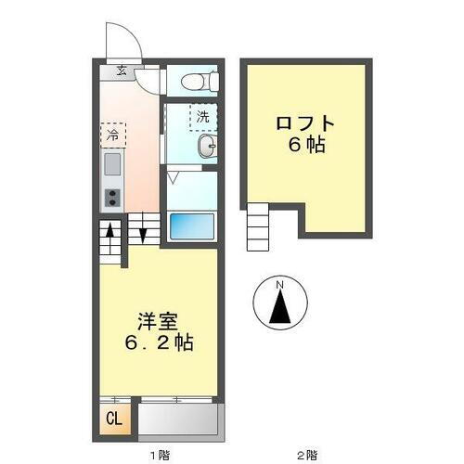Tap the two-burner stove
pyautogui.click(x=111, y=197)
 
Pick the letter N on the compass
pyautogui.click(x=279, y=283)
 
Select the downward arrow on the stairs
pyautogui.click(x=144, y=232)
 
